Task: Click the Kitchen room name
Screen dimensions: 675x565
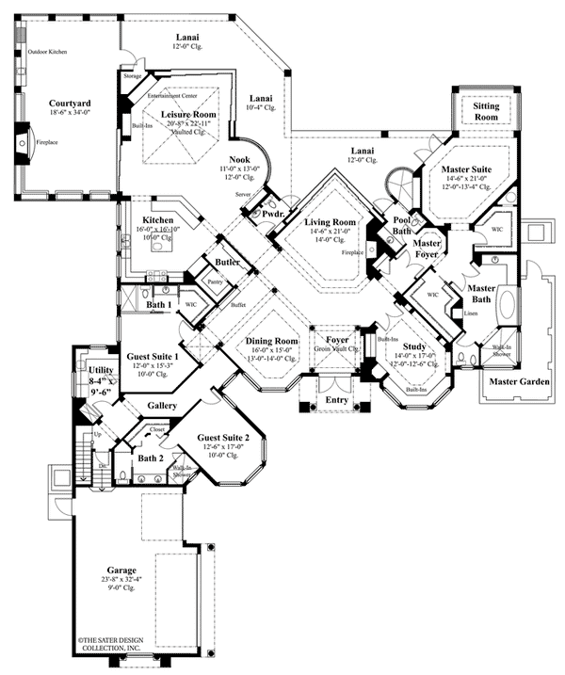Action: pyautogui.click(x=159, y=219)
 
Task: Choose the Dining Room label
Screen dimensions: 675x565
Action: pyautogui.click(x=271, y=341)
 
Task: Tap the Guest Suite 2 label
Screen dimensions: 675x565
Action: pyautogui.click(x=223, y=438)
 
